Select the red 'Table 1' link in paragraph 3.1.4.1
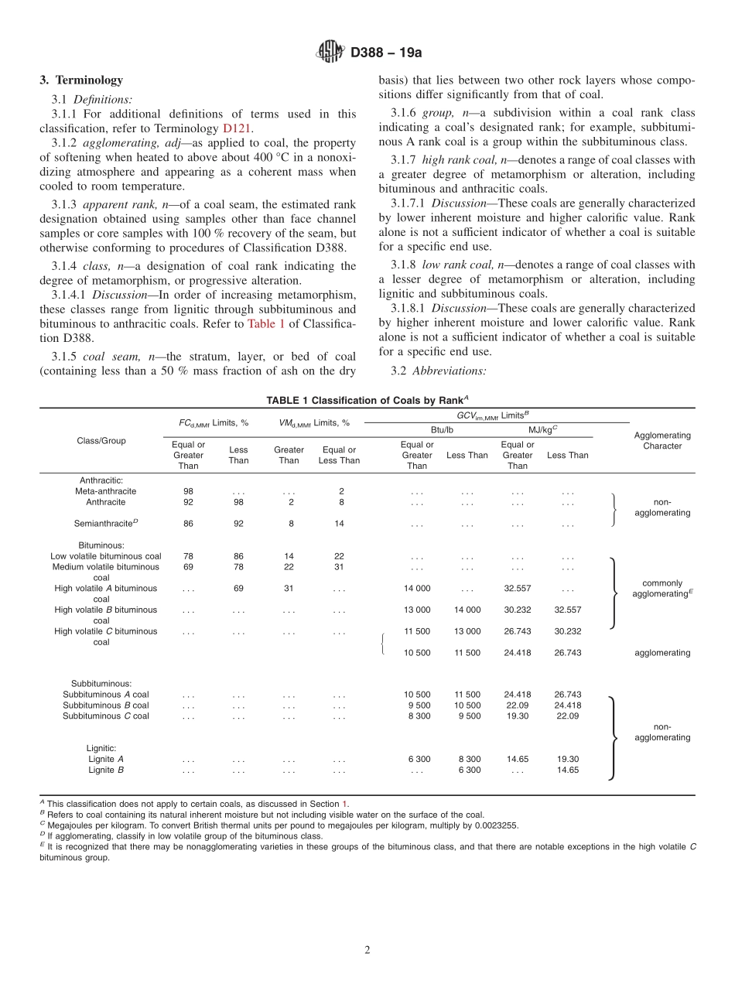[x=266, y=324]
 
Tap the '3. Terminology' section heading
[x=81, y=80]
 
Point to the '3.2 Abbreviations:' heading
[x=439, y=371]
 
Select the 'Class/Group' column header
[x=101, y=440]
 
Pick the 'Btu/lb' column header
[x=442, y=429]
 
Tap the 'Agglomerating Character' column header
[x=661, y=440]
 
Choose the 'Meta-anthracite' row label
[x=105, y=491]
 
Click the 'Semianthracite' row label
[x=105, y=524]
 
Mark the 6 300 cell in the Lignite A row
[x=419, y=759]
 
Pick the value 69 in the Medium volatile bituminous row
[x=188, y=567]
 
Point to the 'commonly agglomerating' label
[x=661, y=589]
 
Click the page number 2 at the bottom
[x=367, y=950]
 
